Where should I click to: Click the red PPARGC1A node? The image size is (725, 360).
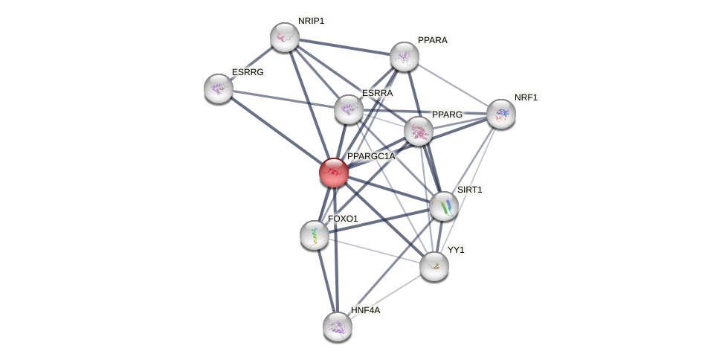click(x=334, y=173)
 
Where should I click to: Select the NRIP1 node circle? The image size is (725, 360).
click(x=285, y=37)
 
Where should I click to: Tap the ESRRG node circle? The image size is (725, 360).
click(x=219, y=89)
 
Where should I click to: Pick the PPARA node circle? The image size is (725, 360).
click(x=405, y=57)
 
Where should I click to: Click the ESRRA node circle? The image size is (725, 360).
click(x=349, y=109)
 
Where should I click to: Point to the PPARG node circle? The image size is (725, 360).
click(x=419, y=131)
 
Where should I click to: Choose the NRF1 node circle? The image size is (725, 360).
click(x=501, y=114)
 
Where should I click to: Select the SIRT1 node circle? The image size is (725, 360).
click(x=444, y=206)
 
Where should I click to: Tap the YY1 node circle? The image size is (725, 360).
click(x=434, y=266)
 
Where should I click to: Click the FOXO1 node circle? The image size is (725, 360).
click(x=315, y=235)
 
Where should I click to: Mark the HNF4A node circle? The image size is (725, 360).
click(x=338, y=326)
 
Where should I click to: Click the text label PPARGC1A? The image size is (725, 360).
click(x=371, y=156)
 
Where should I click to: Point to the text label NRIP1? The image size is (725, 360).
click(x=311, y=21)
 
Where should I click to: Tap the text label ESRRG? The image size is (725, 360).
click(x=248, y=72)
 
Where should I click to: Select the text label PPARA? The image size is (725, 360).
click(x=432, y=40)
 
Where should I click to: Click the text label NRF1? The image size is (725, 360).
click(x=526, y=97)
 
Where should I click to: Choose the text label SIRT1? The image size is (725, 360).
click(x=469, y=190)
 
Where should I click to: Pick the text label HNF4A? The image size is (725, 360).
click(x=365, y=309)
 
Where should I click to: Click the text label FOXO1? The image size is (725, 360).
click(x=343, y=219)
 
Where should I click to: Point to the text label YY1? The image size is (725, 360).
click(x=456, y=250)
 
